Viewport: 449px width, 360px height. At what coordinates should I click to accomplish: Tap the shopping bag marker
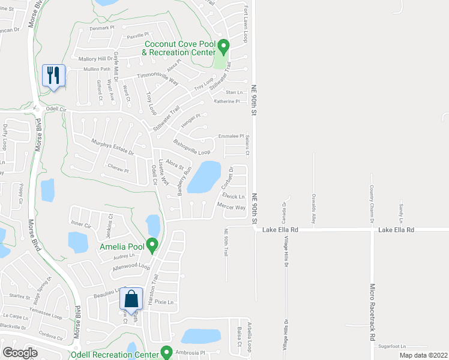[x=131, y=299]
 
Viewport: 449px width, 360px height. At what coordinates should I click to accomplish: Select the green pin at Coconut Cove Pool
[x=223, y=45]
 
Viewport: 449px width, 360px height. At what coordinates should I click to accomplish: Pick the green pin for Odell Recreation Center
[x=166, y=353]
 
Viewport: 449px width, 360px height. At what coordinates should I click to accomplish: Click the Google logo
[x=20, y=353]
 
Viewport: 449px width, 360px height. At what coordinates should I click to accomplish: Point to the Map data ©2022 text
[x=423, y=355]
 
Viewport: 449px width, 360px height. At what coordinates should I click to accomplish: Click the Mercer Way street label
[x=231, y=208]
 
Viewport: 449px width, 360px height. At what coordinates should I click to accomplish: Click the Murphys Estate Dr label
[x=112, y=148]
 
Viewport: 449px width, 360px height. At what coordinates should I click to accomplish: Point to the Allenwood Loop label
[x=131, y=266]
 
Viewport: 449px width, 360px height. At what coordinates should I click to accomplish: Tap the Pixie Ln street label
[x=164, y=302]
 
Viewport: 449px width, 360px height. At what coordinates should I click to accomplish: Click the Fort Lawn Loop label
[x=246, y=25]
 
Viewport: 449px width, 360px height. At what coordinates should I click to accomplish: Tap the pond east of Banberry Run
[x=202, y=176]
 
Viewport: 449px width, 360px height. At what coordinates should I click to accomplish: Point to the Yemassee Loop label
[x=49, y=316]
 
